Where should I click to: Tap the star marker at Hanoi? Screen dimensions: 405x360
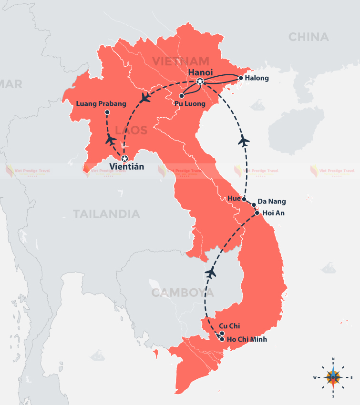200,81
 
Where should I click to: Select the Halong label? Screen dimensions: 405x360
257,78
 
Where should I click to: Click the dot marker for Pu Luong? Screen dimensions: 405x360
182,96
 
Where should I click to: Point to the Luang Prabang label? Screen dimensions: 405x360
102,103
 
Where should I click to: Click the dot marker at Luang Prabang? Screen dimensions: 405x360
107,112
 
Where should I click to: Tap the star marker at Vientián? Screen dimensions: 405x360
124,158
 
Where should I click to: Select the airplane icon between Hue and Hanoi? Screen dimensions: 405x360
244,141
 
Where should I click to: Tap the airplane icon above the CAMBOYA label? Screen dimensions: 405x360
210,273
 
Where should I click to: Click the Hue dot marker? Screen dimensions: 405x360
244,199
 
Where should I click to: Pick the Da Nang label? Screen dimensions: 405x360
272,202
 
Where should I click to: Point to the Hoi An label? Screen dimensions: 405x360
273,213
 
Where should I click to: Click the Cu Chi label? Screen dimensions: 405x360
229,326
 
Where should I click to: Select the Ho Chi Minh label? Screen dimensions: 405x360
247,340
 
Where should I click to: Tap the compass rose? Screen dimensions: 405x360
333,377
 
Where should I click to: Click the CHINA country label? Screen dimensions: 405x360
309,37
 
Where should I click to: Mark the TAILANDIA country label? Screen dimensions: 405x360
107,214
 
